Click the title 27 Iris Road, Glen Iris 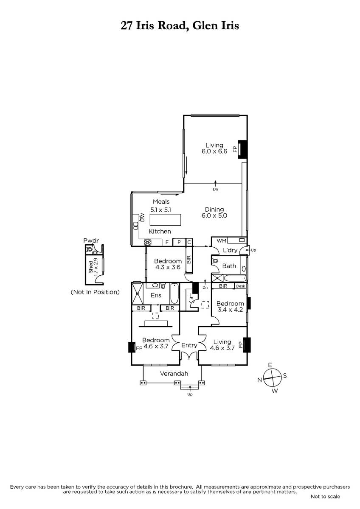tap(180, 25)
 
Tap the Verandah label tap(174, 374)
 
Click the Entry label tap(189, 345)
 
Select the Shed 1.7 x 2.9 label tap(93, 267)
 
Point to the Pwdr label tap(91, 241)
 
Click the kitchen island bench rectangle tap(165, 220)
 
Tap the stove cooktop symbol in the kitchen tap(148, 243)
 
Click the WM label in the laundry tap(221, 241)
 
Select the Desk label tap(241, 286)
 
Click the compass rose tap(272, 378)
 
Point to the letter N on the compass tap(259, 380)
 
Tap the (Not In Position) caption tap(95, 292)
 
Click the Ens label tap(156, 295)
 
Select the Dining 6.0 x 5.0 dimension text tap(214, 213)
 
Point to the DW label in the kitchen tap(142, 217)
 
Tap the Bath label tap(229, 266)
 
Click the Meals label tap(161, 201)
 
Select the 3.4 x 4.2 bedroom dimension tap(230, 310)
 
